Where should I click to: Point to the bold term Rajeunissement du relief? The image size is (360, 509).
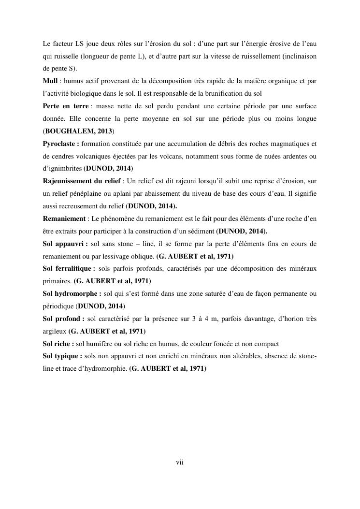click(x=81, y=181)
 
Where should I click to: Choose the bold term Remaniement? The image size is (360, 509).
click(x=61, y=218)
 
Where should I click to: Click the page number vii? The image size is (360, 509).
click(x=180, y=463)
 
